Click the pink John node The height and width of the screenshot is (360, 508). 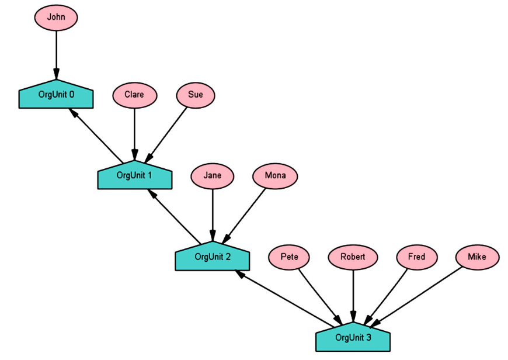click(x=56, y=18)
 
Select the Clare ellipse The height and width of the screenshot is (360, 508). click(x=134, y=95)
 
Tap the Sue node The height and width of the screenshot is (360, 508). click(x=196, y=95)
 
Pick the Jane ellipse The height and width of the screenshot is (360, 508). click(x=213, y=175)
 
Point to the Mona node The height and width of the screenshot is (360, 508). click(x=275, y=175)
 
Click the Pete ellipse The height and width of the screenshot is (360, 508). click(x=289, y=257)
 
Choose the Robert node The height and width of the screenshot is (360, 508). click(x=353, y=257)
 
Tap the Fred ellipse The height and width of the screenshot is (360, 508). click(x=416, y=257)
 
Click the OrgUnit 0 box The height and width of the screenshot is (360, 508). click(x=56, y=95)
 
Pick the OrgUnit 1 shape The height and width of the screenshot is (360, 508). click(x=134, y=175)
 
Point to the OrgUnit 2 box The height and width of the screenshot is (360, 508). click(x=213, y=257)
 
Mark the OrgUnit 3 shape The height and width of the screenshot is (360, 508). click(x=353, y=337)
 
